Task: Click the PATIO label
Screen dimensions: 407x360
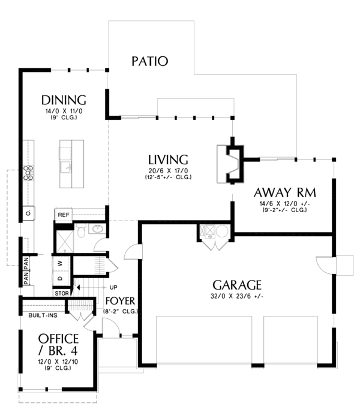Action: pos(149,61)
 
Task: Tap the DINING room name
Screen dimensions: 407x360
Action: pos(64,100)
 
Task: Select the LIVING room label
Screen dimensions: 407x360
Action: pos(168,160)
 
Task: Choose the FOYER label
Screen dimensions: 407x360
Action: pos(120,301)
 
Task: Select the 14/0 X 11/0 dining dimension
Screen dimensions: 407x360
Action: pos(64,111)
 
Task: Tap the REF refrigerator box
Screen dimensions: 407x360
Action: pos(63,214)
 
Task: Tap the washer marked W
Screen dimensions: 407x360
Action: pos(61,263)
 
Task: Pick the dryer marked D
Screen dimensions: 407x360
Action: pos(61,278)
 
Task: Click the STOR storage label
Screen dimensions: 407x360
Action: pos(62,293)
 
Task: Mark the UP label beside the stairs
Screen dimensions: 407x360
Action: pos(113,287)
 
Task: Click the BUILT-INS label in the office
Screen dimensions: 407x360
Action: pos(42,314)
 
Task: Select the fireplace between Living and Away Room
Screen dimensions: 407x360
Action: pos(232,163)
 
